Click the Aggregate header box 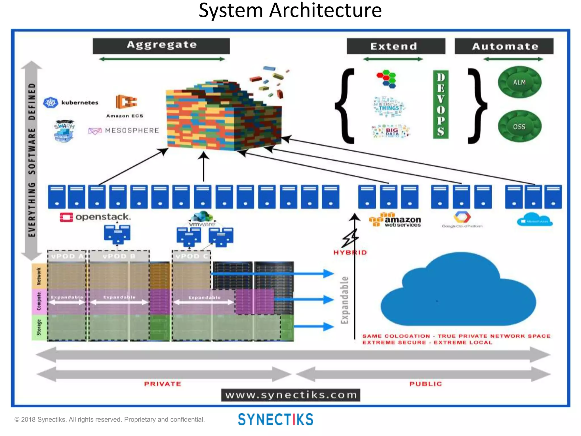pos(161,46)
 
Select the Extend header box pos(396,46)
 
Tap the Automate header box pos(504,46)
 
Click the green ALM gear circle pos(519,82)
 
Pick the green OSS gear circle pos(519,126)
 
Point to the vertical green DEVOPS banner pos(441,104)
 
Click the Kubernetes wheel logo pos(51,102)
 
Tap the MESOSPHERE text pos(132,131)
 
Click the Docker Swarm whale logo pos(64,131)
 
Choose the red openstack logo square pos(66,217)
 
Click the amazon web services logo pos(395,220)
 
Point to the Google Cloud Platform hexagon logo pos(462,217)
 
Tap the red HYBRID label pos(350,252)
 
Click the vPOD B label pos(119,256)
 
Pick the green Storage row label pos(39,327)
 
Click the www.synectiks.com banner pos(290,395)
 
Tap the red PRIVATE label pos(162,384)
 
